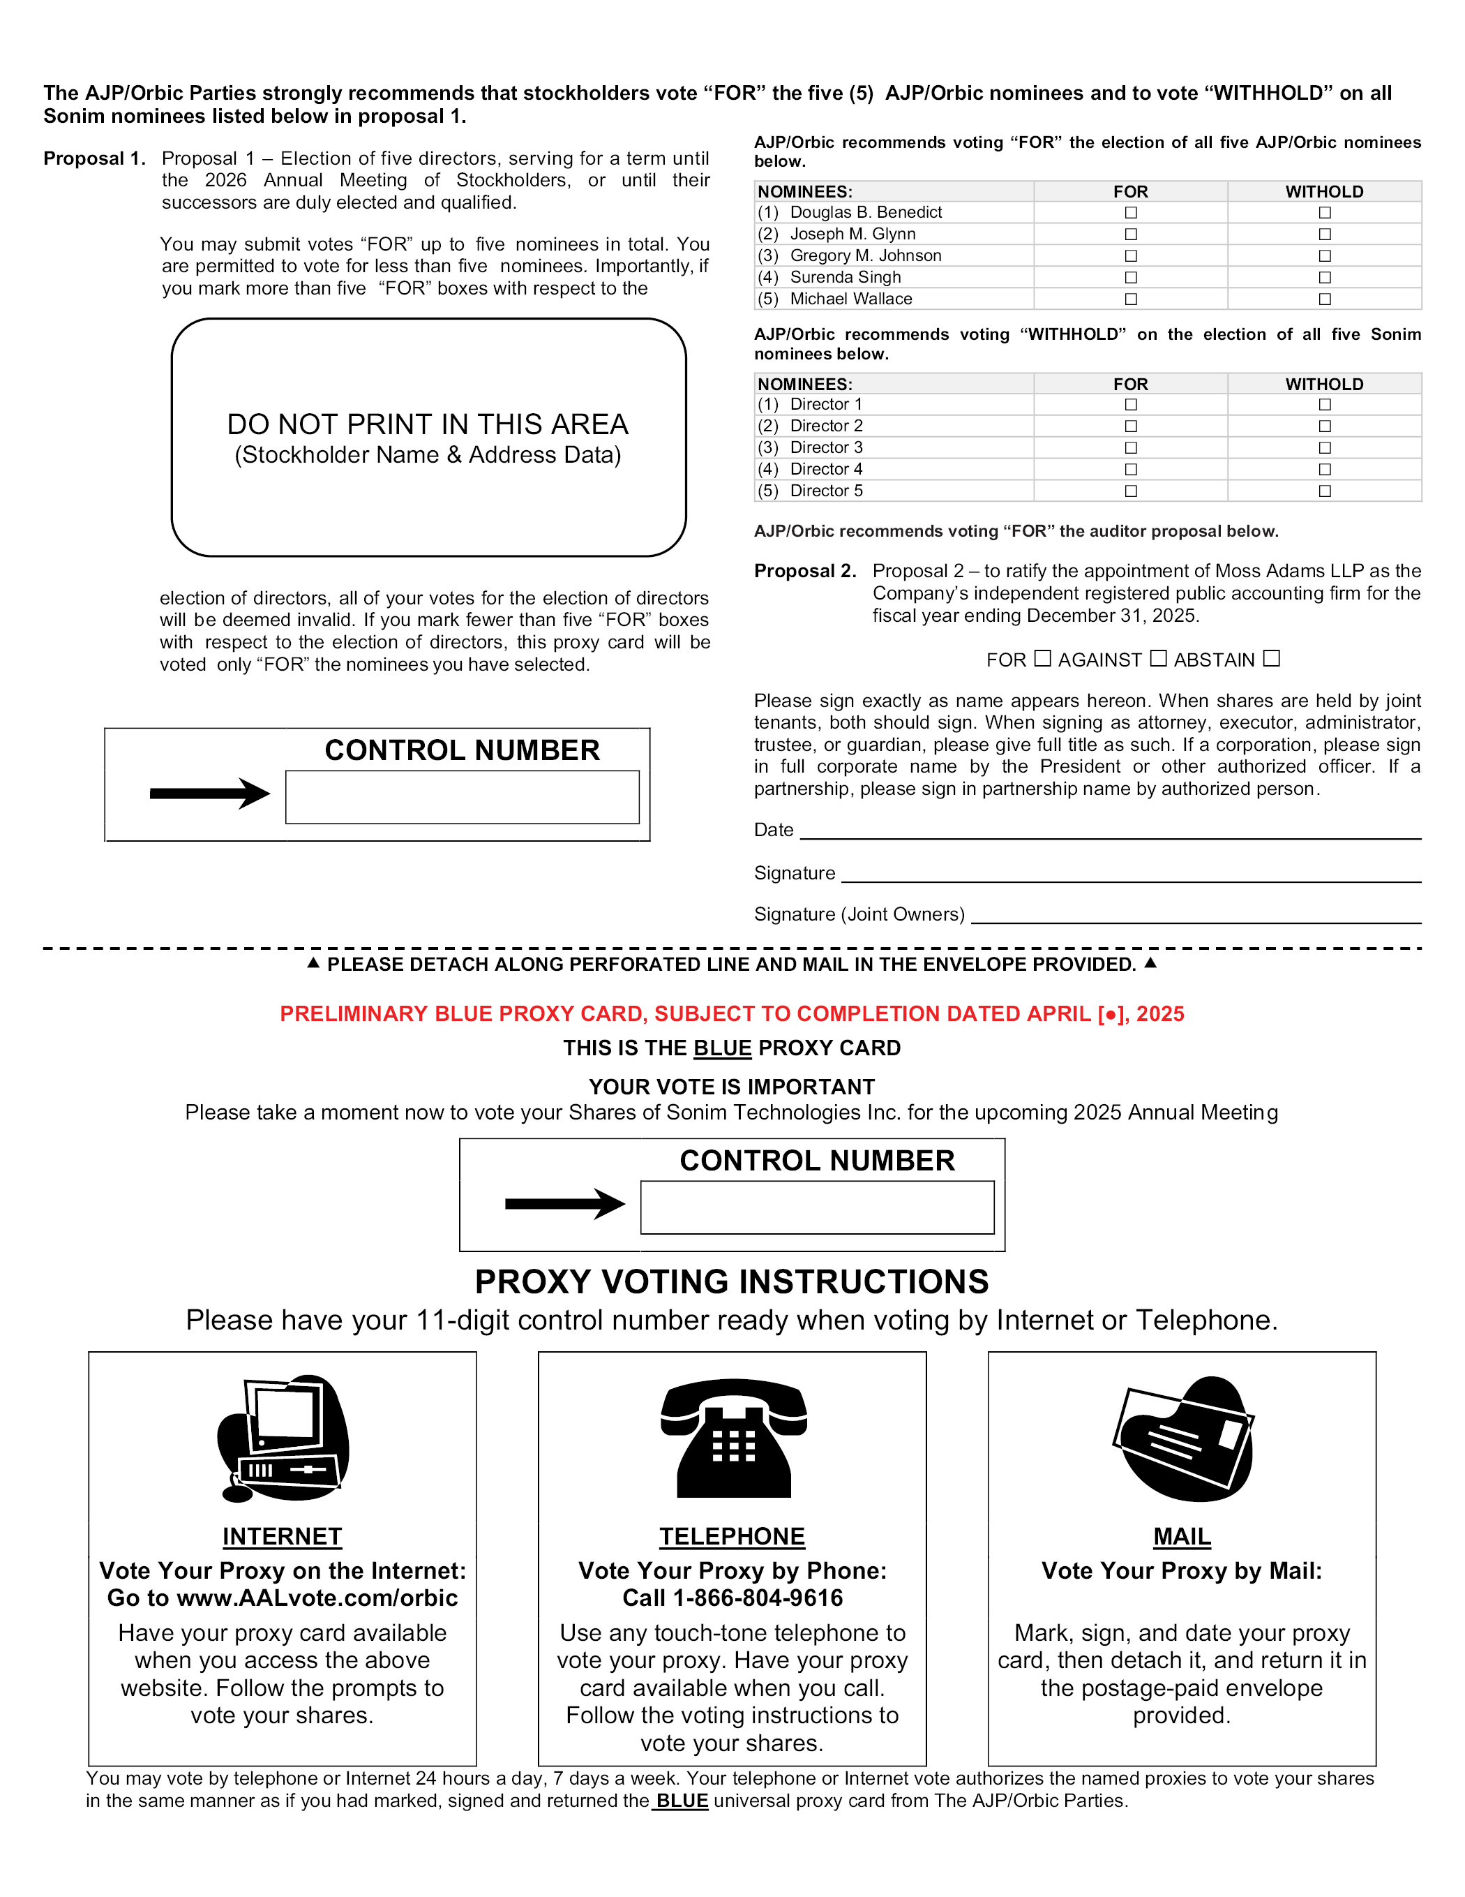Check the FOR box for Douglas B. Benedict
tap(1131, 213)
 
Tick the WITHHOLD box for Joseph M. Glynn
tap(1324, 235)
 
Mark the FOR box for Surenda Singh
tap(1131, 278)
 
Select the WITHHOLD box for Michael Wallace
tap(1324, 299)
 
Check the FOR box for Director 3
tap(1131, 448)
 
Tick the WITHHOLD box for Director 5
tap(1324, 491)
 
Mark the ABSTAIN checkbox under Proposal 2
tap(1271, 658)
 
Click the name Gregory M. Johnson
tap(865, 256)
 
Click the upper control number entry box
tap(462, 796)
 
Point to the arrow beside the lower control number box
tap(564, 1204)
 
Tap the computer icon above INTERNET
tap(283, 1438)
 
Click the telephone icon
tap(733, 1438)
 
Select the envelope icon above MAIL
tap(1182, 1438)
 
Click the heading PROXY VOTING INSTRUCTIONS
tap(731, 1282)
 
